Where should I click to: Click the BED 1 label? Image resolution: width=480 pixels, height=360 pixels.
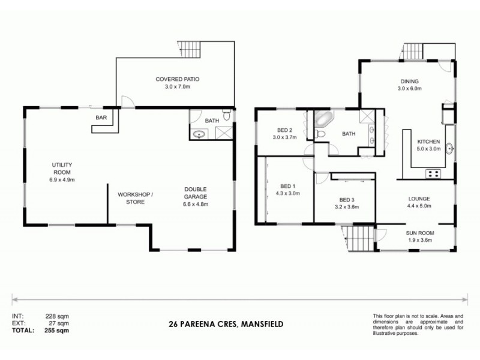click(x=289, y=189)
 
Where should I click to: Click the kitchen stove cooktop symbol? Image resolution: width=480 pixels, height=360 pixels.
click(x=433, y=174)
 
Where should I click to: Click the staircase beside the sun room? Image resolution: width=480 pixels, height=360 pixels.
click(x=361, y=239)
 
